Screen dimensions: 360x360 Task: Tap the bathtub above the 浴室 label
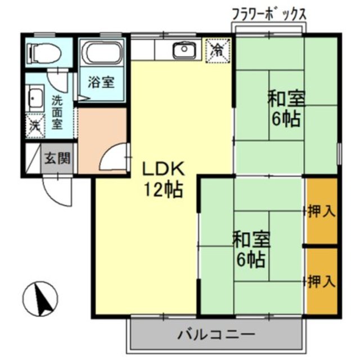point(102,55)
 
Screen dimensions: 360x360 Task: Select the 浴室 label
point(101,82)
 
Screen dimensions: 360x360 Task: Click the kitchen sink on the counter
point(184,50)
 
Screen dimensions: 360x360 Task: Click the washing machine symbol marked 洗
point(35,125)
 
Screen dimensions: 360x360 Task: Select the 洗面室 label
point(57,112)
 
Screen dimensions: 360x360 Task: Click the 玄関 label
point(58,158)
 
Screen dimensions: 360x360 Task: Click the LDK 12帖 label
point(161,179)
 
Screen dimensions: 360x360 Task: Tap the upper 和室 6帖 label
point(286,109)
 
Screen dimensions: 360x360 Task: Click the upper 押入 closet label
point(322,211)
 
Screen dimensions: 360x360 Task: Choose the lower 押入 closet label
point(322,280)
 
